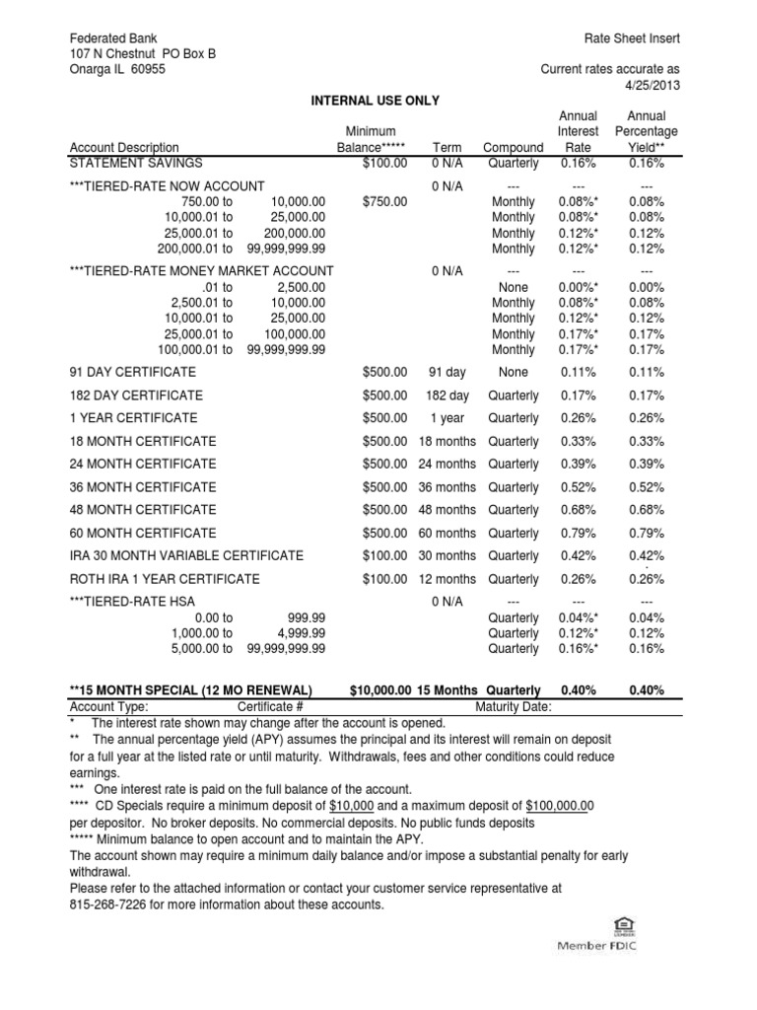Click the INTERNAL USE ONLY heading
point(376,101)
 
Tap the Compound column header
point(513,148)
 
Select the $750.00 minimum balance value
point(384,201)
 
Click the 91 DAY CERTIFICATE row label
point(133,373)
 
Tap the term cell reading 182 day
point(447,396)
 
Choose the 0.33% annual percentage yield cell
point(646,442)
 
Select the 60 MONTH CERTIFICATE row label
point(143,534)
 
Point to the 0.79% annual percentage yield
point(646,534)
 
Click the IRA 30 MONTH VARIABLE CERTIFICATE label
point(186,556)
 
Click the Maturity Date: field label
point(514,707)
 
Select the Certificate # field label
point(271,707)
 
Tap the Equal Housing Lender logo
point(623,926)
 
